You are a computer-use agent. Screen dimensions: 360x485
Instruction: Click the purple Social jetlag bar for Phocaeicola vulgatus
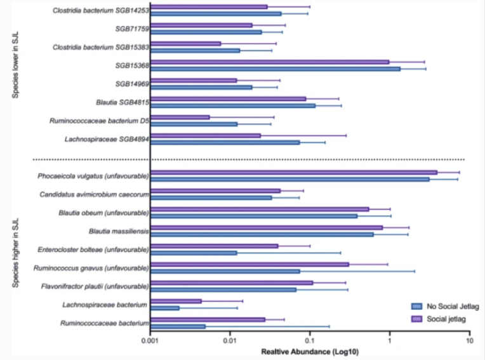pyautogui.click(x=292, y=172)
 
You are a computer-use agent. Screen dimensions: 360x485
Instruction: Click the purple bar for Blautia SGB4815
pyautogui.click(x=229, y=98)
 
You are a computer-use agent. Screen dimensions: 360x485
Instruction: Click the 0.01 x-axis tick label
pyautogui.click(x=230, y=341)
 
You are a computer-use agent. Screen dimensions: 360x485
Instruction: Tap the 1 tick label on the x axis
pyautogui.click(x=389, y=341)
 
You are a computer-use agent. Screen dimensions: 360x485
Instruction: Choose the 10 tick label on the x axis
pyautogui.click(x=468, y=341)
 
